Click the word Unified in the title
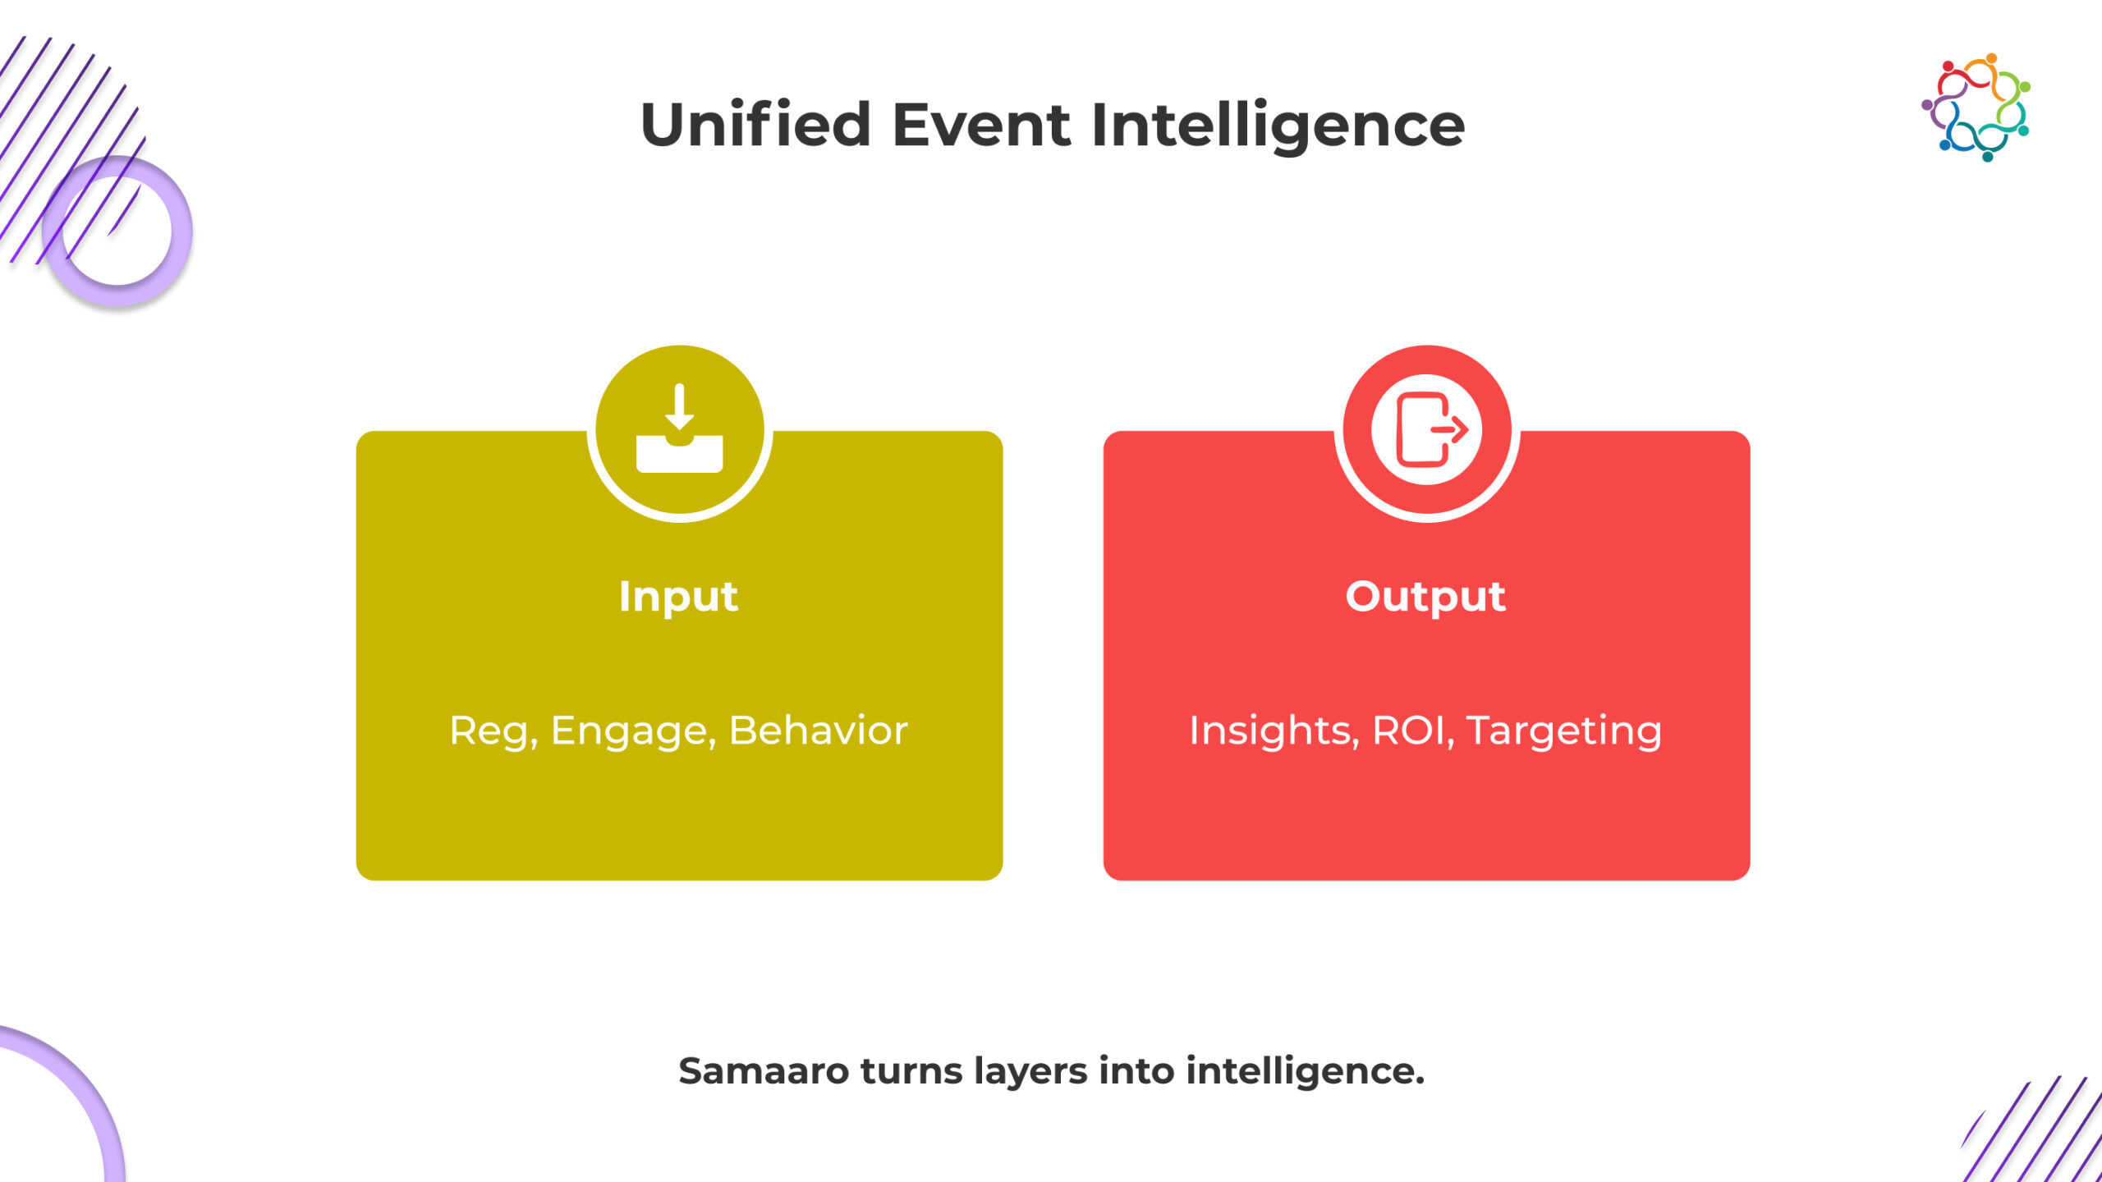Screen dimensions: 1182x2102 point(755,125)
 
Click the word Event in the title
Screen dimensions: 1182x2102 point(982,125)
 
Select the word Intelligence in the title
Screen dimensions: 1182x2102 point(1278,125)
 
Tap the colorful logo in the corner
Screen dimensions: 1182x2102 point(1976,108)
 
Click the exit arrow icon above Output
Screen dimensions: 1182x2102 point(1427,429)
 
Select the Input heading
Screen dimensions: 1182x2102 point(678,597)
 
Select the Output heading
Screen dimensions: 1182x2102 point(1425,597)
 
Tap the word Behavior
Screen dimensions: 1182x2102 point(818,731)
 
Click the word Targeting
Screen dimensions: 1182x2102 point(1564,731)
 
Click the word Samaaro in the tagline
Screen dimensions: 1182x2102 point(763,1071)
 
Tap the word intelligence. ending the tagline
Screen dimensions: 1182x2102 point(1306,1071)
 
